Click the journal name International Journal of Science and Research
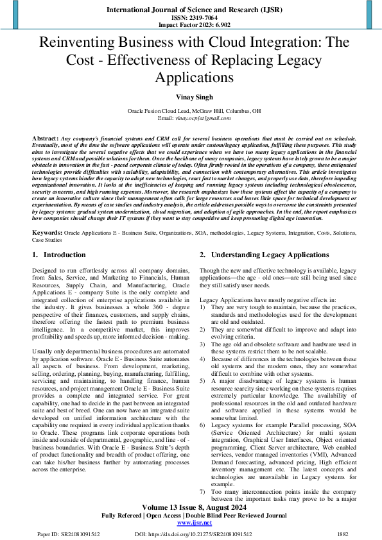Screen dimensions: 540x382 click(191, 11)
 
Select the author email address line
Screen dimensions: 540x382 click(191, 119)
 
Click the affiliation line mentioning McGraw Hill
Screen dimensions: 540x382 click(191, 111)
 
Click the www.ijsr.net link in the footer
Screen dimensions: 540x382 click(191, 523)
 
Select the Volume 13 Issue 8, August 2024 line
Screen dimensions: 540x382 click(191, 507)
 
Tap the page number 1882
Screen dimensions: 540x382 click(343, 533)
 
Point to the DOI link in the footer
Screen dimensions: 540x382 click(201, 533)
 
